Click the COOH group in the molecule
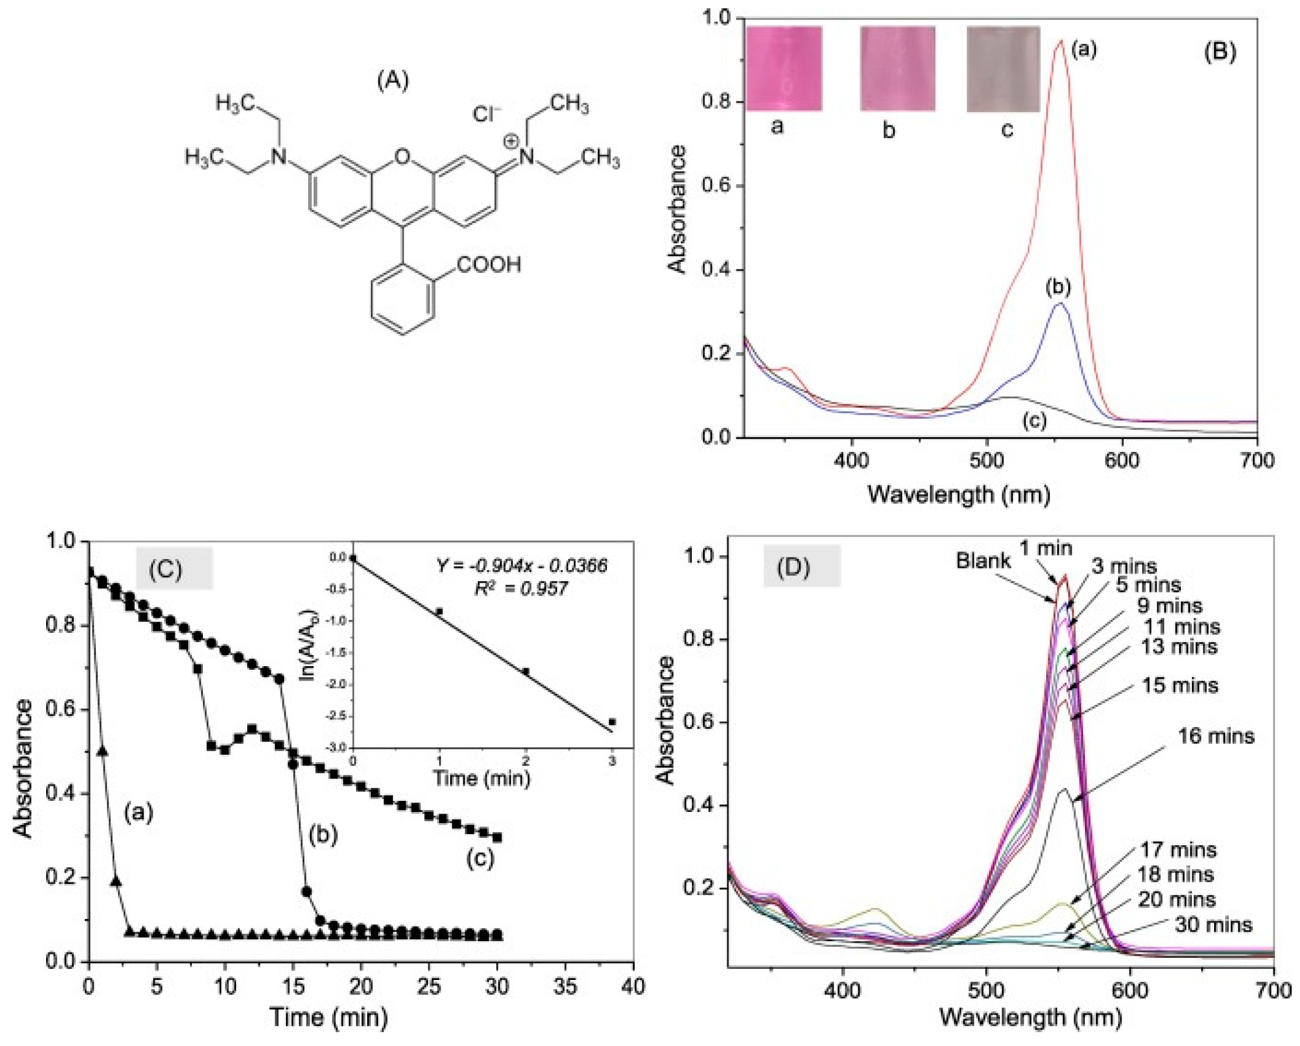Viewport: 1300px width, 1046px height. [x=489, y=264]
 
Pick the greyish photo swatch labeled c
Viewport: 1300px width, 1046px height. [x=1003, y=69]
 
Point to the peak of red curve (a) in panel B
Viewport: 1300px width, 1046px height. [x=1061, y=42]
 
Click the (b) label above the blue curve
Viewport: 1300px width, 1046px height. [x=1058, y=288]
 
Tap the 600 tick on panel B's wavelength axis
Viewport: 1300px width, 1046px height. [x=1122, y=460]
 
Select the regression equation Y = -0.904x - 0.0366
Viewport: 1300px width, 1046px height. [x=522, y=565]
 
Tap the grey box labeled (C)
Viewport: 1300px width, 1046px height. [x=174, y=568]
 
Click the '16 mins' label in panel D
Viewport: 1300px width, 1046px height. [x=1216, y=736]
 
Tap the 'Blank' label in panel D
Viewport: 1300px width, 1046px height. [x=983, y=561]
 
